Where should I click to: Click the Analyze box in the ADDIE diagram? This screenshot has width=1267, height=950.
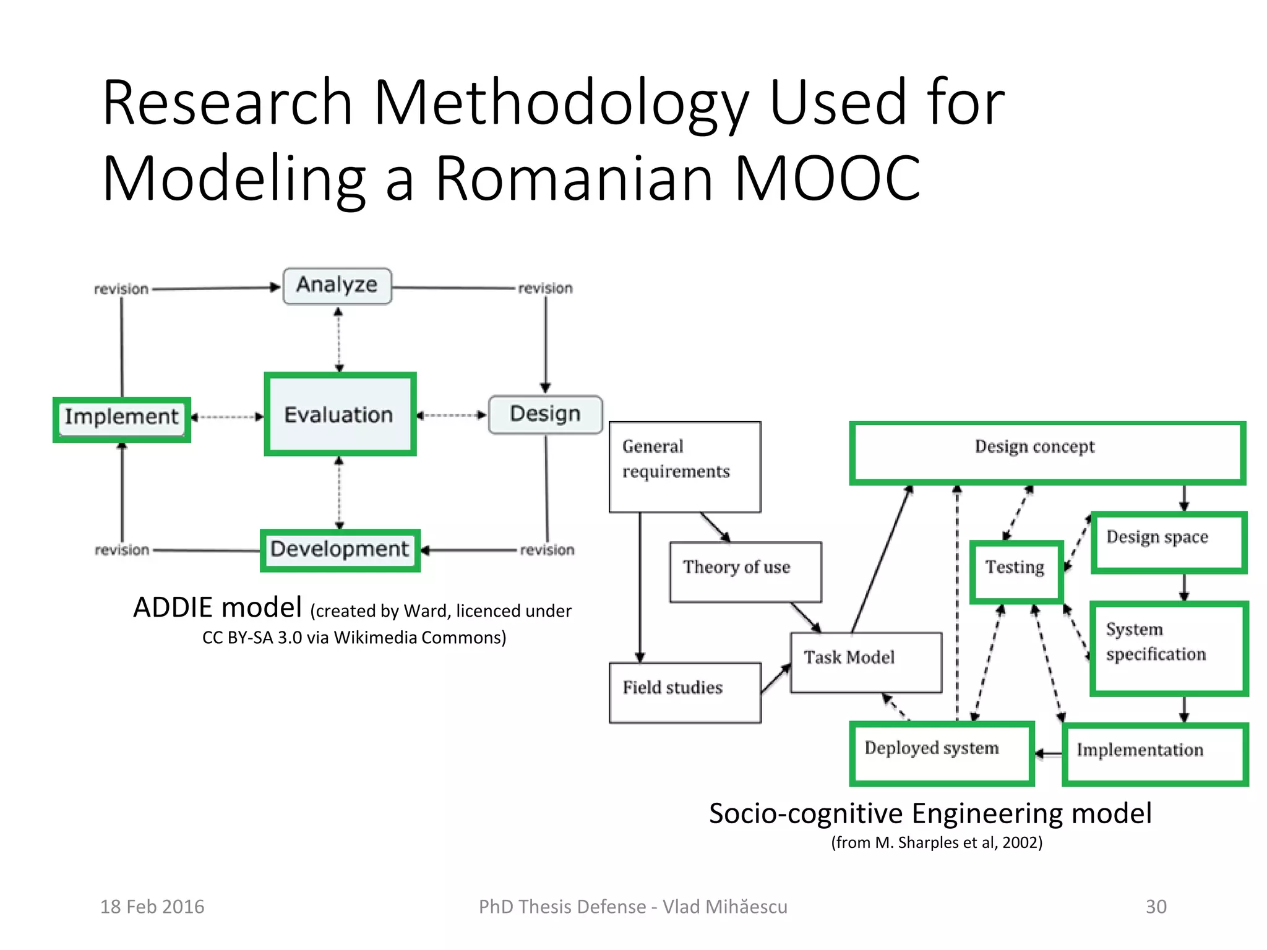[x=337, y=286]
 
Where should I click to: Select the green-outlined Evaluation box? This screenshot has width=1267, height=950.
[x=340, y=414]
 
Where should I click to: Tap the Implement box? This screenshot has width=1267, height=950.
[x=122, y=417]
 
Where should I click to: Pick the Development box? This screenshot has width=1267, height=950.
[x=340, y=549]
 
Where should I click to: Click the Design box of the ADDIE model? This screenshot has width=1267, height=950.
[x=545, y=414]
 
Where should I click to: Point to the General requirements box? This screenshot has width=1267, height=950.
[x=685, y=467]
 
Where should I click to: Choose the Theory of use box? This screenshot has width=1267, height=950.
[x=745, y=571]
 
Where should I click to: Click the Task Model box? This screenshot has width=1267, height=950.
[x=866, y=662]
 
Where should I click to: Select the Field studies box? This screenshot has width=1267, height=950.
[x=685, y=692]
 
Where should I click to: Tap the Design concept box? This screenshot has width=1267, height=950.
[x=1047, y=452]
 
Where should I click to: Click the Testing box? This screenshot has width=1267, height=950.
[x=1016, y=571]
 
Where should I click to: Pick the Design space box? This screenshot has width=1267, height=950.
[x=1168, y=542]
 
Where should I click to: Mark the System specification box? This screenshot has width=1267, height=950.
[x=1168, y=648]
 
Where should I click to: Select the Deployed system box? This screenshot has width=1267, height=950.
[x=942, y=753]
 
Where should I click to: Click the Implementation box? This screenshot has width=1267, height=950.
[x=1154, y=753]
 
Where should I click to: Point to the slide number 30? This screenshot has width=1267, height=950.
[x=1156, y=907]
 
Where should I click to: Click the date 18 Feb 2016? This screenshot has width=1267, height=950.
[x=152, y=907]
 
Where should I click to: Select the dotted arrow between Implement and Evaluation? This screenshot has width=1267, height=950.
[x=228, y=417]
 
